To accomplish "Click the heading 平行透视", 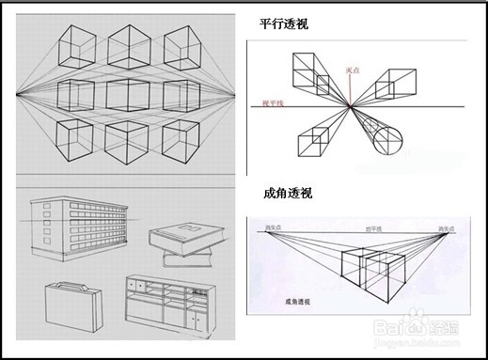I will (287, 24).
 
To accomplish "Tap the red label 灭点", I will (354, 70).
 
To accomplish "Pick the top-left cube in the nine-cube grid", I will (78, 43).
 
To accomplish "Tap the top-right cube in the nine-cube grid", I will (185, 43).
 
